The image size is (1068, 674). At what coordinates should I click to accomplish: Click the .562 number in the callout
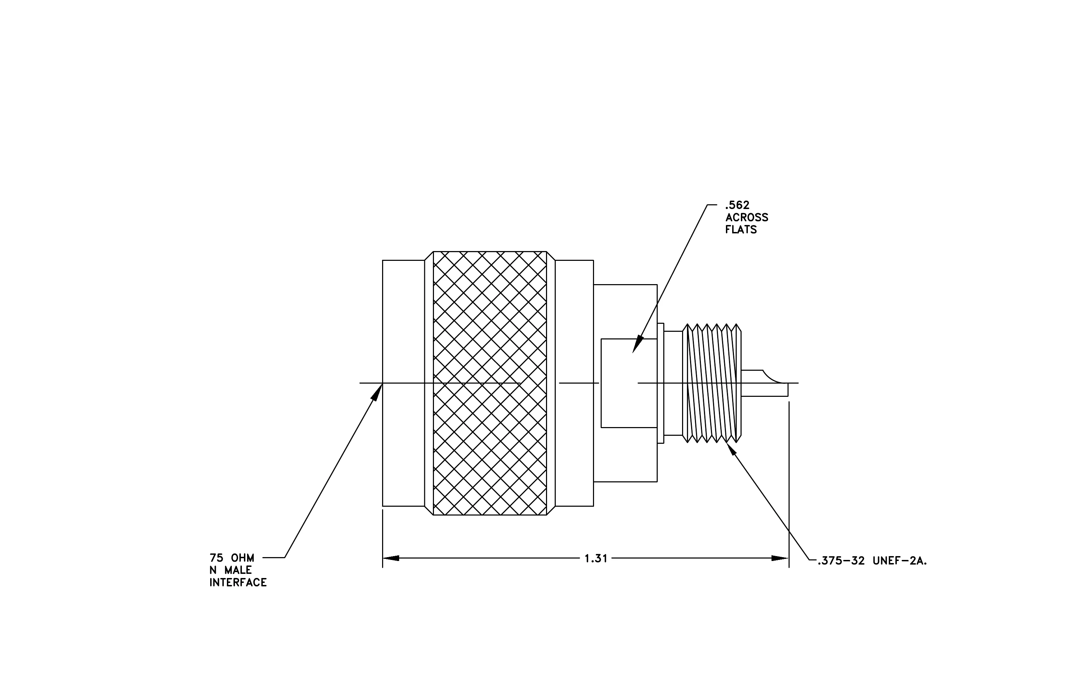(737, 205)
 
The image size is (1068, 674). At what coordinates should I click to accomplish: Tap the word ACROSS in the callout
(747, 218)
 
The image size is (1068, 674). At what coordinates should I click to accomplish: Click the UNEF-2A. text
(900, 561)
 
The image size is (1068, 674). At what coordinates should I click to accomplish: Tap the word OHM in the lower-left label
(243, 558)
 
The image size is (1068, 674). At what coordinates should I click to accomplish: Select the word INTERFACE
(238, 583)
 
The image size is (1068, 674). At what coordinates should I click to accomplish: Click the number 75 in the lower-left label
(216, 558)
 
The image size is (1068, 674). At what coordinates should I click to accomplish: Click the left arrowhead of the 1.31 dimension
(391, 558)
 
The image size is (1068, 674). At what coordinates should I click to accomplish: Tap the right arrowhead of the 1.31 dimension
(780, 558)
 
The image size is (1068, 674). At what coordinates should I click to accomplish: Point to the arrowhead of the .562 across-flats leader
(638, 344)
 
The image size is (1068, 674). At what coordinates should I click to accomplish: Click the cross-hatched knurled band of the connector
(490, 383)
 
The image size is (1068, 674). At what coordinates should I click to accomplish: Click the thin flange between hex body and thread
(660, 383)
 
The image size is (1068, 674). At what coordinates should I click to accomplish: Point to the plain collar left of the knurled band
(404, 383)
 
